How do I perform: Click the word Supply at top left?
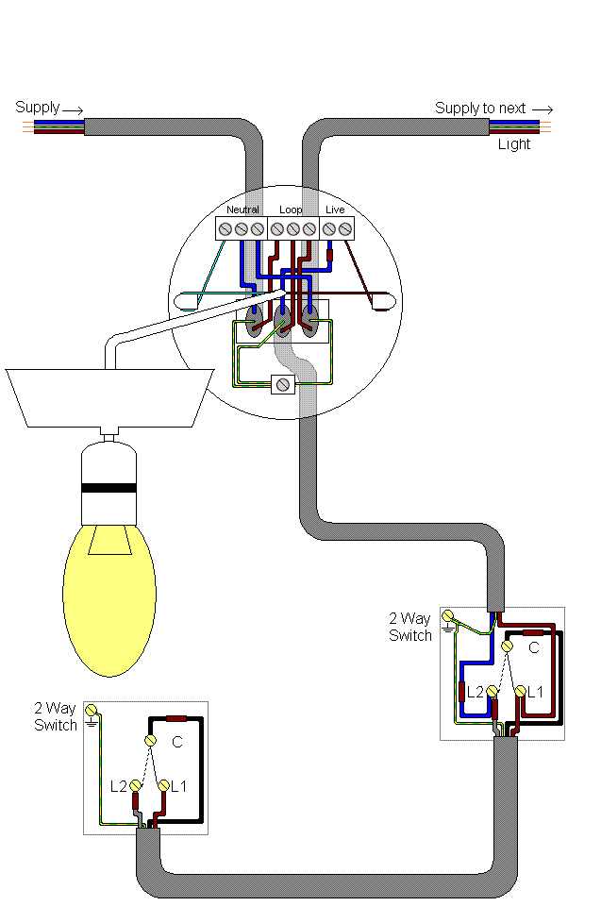pyautogui.click(x=37, y=108)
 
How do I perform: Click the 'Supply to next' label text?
pyautogui.click(x=480, y=109)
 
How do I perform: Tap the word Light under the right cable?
pyautogui.click(x=514, y=144)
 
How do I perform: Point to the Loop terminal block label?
pyautogui.click(x=291, y=209)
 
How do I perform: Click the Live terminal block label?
pyautogui.click(x=335, y=209)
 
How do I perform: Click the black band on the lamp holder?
pyautogui.click(x=109, y=489)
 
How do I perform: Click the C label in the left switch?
pyautogui.click(x=176, y=743)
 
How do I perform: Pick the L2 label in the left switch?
pyautogui.click(x=118, y=785)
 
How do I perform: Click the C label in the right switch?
pyautogui.click(x=533, y=648)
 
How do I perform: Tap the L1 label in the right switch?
pyautogui.click(x=535, y=692)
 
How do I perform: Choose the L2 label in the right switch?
pyautogui.click(x=476, y=692)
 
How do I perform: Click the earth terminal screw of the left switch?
pyautogui.click(x=92, y=710)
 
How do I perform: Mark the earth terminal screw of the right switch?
pyautogui.click(x=447, y=616)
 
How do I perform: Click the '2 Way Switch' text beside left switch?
pyautogui.click(x=56, y=716)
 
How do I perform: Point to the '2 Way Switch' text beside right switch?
pyautogui.click(x=410, y=627)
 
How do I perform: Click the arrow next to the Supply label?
pyautogui.click(x=74, y=109)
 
